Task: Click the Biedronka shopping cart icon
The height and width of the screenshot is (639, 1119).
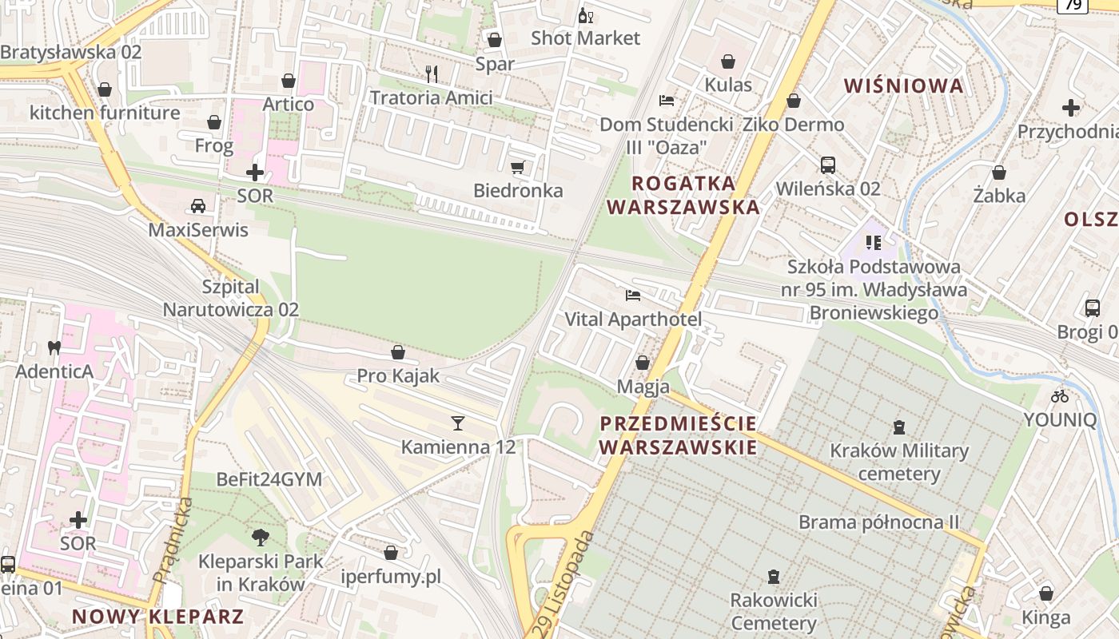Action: [517, 167]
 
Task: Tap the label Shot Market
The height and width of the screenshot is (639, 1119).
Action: [585, 38]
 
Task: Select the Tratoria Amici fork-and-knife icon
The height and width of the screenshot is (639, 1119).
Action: [432, 74]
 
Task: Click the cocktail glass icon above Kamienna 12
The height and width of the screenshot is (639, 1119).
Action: [458, 423]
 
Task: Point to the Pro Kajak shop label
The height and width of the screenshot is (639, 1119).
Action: [398, 375]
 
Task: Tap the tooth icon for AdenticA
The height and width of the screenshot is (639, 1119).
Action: [54, 347]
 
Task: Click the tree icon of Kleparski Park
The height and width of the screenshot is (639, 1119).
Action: [261, 537]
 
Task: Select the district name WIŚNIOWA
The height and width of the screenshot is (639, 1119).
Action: [904, 85]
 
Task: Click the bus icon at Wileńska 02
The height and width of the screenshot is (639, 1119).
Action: [828, 165]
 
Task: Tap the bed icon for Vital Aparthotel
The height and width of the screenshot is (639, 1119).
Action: [633, 296]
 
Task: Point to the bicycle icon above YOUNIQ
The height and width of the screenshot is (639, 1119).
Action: [1060, 395]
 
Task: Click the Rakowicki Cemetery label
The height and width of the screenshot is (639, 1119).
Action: [774, 611]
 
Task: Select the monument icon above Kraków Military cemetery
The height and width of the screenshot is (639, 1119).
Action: [899, 427]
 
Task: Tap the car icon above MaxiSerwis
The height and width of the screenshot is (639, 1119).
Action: [198, 206]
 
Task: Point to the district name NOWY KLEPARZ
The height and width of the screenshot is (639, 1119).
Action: [157, 616]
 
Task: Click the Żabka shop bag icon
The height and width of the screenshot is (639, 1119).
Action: [999, 173]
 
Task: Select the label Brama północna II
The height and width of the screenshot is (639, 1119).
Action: [878, 522]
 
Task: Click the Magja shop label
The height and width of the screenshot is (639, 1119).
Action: [643, 387]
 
